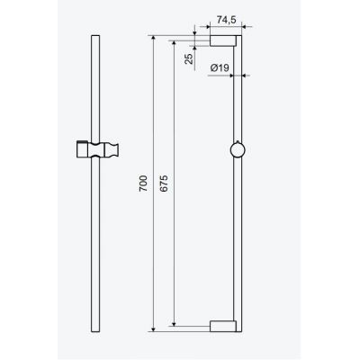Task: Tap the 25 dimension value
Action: (187, 60)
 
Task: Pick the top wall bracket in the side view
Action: (222, 42)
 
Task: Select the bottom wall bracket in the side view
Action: (222, 326)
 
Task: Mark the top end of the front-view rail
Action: (94, 38)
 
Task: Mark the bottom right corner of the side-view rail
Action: (241, 330)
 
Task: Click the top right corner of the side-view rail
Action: (241, 38)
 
